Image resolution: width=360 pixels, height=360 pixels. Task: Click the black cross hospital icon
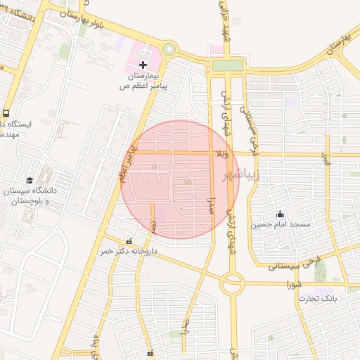click(x=144, y=65)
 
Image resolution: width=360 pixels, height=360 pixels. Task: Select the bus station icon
click(x=6, y=113)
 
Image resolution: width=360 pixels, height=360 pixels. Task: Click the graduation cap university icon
click(x=30, y=180)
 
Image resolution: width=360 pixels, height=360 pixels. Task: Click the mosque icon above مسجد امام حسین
click(x=281, y=214)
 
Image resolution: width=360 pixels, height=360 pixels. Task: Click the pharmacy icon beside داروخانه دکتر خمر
click(x=127, y=239)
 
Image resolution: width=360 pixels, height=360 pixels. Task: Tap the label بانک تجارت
click(x=317, y=299)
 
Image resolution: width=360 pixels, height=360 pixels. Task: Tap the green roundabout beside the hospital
click(x=169, y=50)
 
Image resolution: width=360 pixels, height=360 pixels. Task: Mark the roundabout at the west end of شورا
click(x=231, y=283)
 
